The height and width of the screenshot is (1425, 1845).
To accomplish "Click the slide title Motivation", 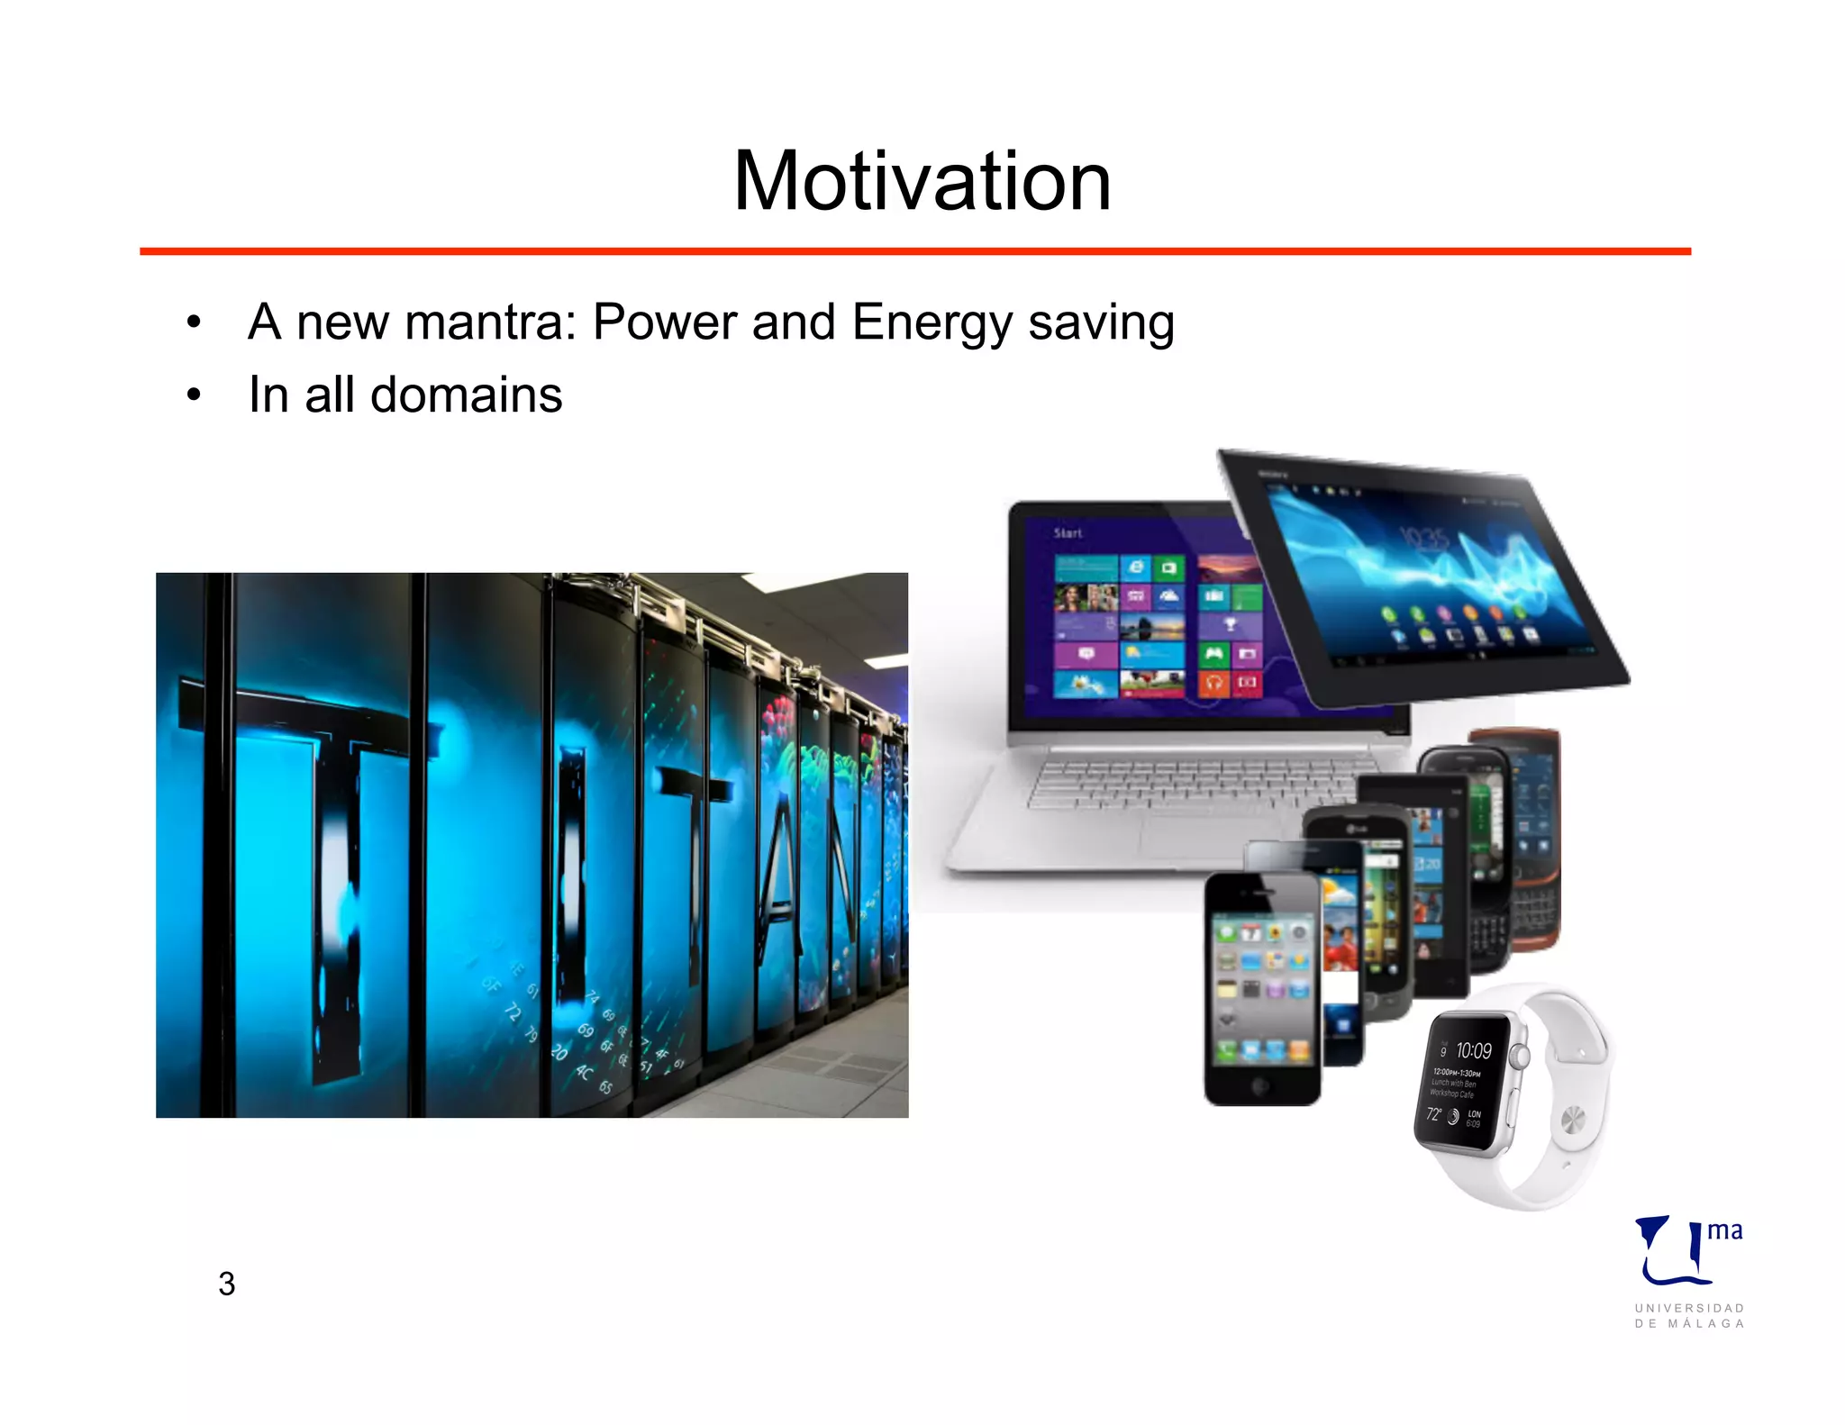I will (x=922, y=182).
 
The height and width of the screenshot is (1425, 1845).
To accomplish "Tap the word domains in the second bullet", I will (x=466, y=395).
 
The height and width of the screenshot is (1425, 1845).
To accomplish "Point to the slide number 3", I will (x=226, y=1284).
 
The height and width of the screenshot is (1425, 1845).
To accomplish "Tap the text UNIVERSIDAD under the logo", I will (x=1689, y=1308).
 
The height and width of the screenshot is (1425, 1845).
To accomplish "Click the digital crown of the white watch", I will (x=1520, y=1055).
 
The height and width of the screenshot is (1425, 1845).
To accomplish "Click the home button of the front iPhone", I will (x=1260, y=1086).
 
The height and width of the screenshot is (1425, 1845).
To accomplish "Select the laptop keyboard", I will (x=1189, y=782).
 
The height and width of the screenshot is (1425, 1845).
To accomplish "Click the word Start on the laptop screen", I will (x=1068, y=533).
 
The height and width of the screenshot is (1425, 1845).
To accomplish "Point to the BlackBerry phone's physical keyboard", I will (x=1531, y=910).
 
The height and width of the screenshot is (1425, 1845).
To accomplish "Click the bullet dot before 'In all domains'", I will (x=194, y=395).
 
